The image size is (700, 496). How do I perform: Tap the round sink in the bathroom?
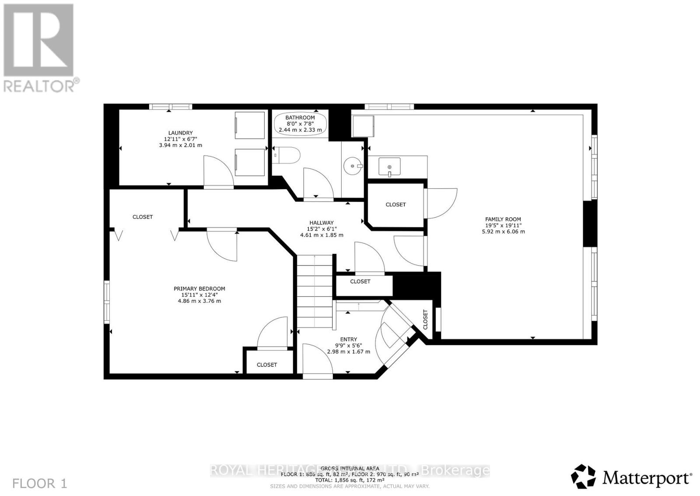[x=353, y=167]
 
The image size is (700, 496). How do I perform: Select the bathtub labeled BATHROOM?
[x=300, y=124]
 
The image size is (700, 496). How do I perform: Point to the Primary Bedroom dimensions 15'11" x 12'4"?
[x=199, y=295]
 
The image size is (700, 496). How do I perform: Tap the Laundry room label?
[x=180, y=133]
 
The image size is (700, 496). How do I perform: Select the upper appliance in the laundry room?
[x=250, y=125]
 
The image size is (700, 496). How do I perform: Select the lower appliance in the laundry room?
[x=250, y=162]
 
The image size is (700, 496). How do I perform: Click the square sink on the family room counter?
[x=389, y=167]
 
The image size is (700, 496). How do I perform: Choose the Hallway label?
[x=321, y=223]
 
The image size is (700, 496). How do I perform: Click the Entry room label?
[x=348, y=339]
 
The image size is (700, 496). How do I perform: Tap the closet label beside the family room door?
[x=395, y=205]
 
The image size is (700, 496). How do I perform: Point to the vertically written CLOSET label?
[x=425, y=319]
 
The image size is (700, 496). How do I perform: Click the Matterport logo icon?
[x=584, y=476]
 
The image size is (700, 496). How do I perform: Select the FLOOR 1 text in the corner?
[x=40, y=484]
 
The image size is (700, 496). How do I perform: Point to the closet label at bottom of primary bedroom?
[x=267, y=365]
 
